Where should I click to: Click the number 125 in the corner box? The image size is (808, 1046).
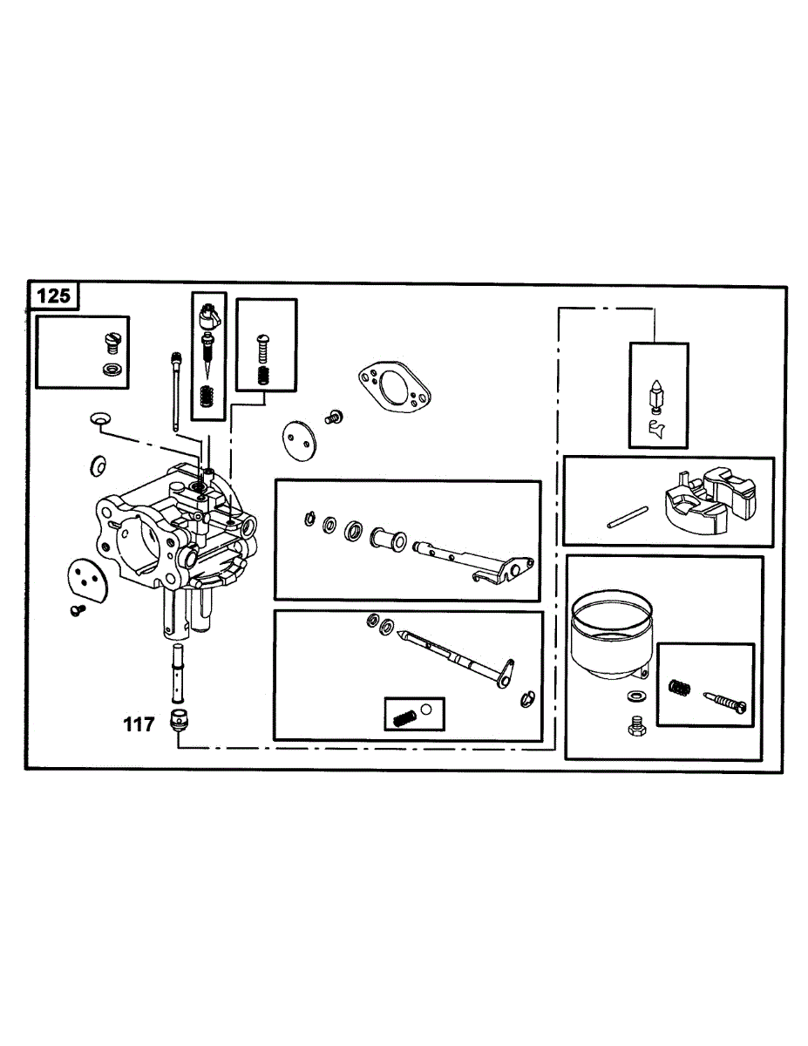click(54, 296)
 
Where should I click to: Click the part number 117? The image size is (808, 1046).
click(139, 723)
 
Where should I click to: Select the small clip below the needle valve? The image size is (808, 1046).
click(658, 428)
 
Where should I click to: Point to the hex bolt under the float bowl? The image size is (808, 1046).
click(636, 724)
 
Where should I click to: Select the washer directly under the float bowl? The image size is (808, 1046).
click(635, 696)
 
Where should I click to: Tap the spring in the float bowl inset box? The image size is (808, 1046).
click(680, 687)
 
